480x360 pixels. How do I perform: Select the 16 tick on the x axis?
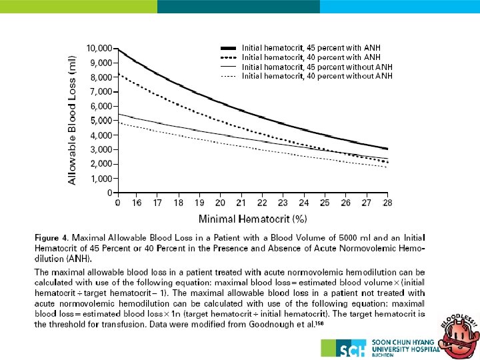137,202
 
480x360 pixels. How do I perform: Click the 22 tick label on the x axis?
262,202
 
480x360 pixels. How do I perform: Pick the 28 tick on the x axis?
387,202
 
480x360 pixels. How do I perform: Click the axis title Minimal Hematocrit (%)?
253,218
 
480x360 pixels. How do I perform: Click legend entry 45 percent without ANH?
317,67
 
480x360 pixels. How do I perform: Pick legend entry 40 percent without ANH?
317,76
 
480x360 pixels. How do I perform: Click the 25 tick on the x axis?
324,202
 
